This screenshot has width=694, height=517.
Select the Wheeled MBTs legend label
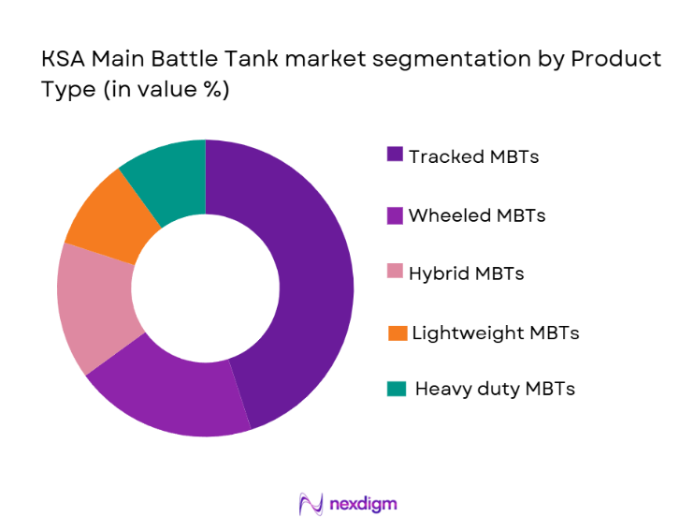[x=477, y=215]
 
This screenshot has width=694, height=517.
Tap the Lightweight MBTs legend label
[x=496, y=332]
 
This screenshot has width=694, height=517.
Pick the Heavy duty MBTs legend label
[x=495, y=388]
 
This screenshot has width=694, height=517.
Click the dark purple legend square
[x=395, y=155]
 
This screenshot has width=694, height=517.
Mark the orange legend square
[x=398, y=332]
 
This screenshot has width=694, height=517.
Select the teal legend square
[x=398, y=388]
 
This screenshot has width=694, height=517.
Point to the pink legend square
[x=395, y=273]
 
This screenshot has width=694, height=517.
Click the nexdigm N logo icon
[x=311, y=503]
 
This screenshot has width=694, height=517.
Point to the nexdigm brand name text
[x=363, y=503]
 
